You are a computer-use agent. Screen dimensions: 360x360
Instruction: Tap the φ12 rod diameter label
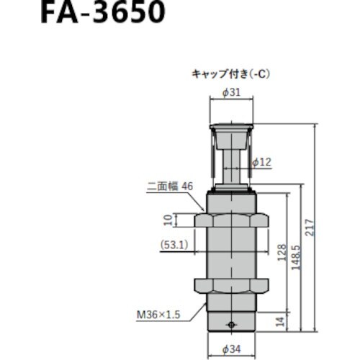tap(262, 163)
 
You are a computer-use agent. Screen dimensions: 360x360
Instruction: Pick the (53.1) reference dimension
tap(174, 244)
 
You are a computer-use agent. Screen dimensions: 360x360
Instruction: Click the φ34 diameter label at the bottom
tap(230, 351)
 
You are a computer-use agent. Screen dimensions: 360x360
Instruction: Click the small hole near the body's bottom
tap(230, 325)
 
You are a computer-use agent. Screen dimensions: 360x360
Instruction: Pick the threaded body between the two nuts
tap(230, 252)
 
